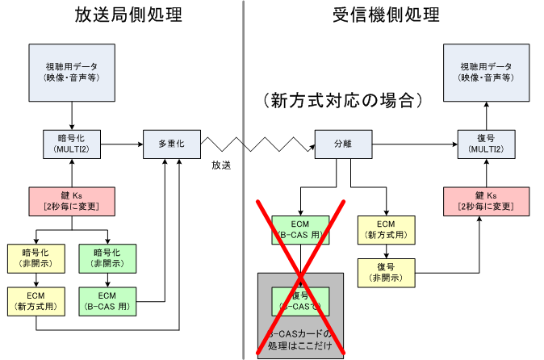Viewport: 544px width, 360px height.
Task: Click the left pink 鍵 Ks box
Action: pyautogui.click(x=73, y=201)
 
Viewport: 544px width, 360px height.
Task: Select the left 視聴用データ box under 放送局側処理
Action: pyautogui.click(x=73, y=72)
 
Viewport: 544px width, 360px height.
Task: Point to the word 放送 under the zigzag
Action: pyautogui.click(x=221, y=164)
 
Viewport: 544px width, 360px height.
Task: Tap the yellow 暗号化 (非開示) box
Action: pyautogui.click(x=37, y=256)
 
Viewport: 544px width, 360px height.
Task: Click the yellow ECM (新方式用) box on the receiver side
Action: pyautogui.click(x=386, y=230)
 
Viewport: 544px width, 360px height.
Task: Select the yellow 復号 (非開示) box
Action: pyautogui.click(x=386, y=273)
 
